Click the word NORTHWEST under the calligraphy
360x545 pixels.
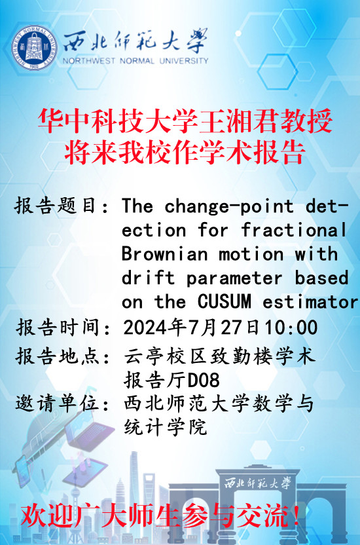point(88,61)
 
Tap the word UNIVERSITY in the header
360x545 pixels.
point(184,61)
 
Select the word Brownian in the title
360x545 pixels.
point(164,254)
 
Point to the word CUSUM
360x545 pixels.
point(225,301)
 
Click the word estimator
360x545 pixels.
point(310,302)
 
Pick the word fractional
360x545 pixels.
point(294,230)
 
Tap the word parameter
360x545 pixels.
point(234,278)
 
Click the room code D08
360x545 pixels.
point(204,380)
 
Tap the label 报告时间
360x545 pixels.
point(58,327)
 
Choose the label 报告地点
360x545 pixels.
point(58,356)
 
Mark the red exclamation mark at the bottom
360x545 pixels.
point(296,515)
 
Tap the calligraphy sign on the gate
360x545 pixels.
point(257,483)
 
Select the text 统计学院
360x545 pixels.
point(166,427)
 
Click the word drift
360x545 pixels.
point(148,278)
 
